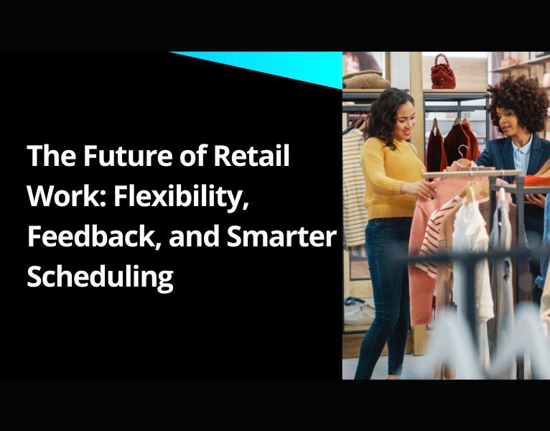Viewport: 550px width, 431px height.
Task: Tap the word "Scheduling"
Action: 100,277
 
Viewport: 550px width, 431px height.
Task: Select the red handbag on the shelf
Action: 442,73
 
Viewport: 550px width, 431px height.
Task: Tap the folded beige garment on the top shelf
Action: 366,79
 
